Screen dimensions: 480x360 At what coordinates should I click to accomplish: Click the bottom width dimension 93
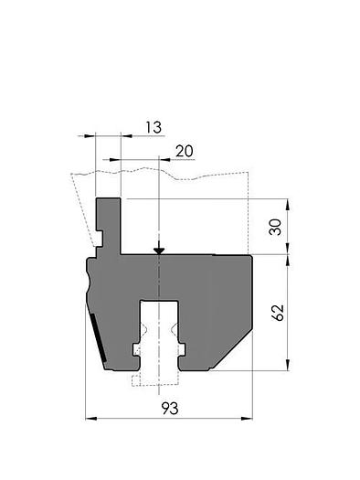pyautogui.click(x=168, y=407)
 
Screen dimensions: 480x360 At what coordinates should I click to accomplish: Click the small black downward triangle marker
pyautogui.click(x=159, y=250)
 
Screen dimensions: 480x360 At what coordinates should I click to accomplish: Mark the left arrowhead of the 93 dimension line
pyautogui.click(x=90, y=419)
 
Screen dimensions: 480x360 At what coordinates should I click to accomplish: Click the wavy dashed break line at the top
pyautogui.click(x=160, y=172)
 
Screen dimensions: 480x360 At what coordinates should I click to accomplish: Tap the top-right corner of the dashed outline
pyautogui.click(x=249, y=173)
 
